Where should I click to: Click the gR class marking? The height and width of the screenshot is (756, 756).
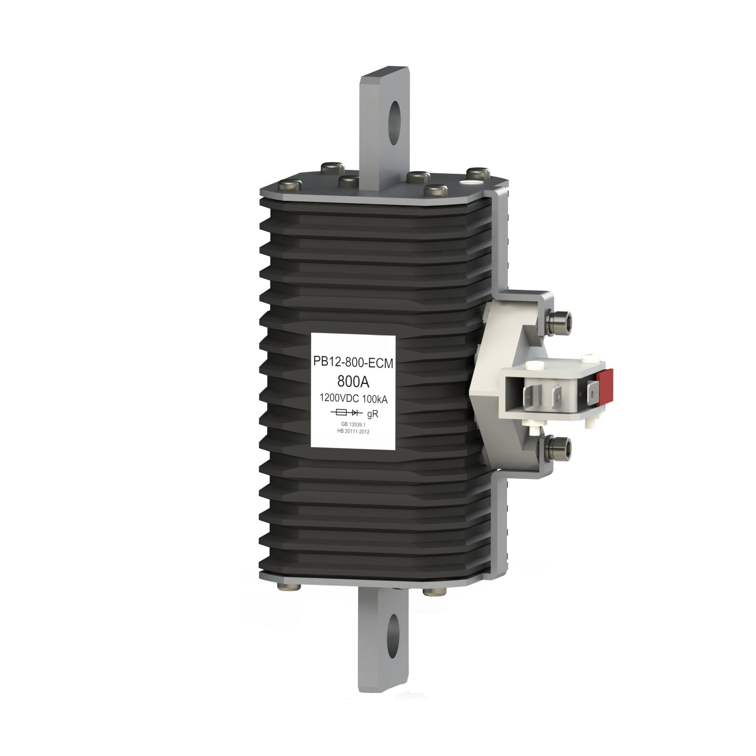(x=372, y=414)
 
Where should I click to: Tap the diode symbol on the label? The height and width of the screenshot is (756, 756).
(x=357, y=412)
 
